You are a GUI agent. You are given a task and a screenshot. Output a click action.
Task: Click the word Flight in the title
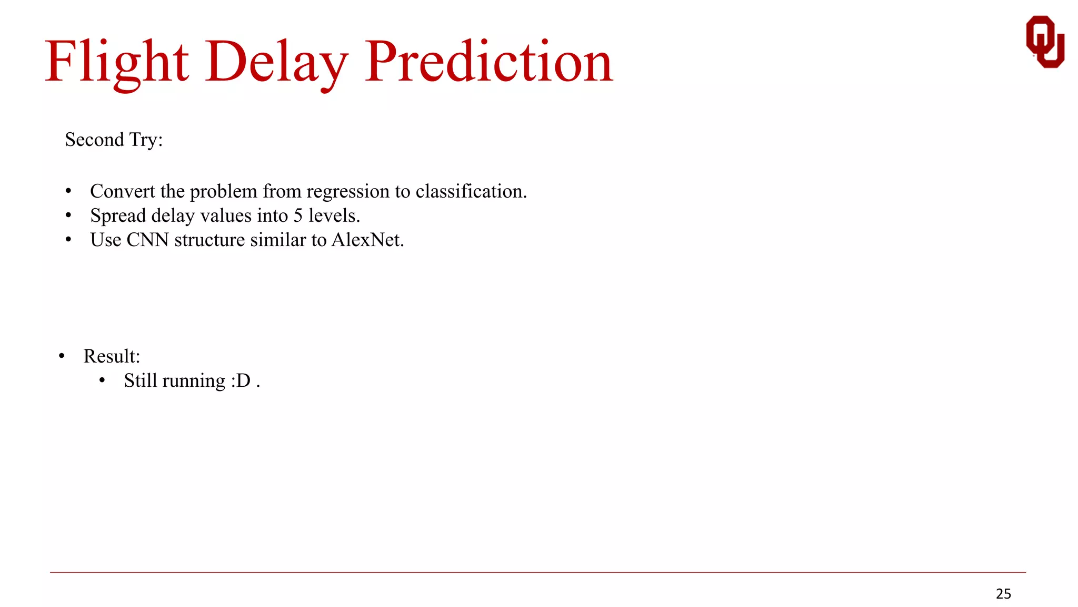pos(116,62)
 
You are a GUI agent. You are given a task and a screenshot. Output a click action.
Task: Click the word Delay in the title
pos(276,62)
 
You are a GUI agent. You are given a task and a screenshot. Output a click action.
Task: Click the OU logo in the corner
pos(1045,42)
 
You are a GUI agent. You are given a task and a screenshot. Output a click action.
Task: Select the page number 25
pos(1003,594)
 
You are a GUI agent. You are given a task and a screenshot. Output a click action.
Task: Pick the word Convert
pos(122,191)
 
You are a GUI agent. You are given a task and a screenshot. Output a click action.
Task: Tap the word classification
pos(471,191)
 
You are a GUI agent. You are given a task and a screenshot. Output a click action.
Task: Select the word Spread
pos(118,216)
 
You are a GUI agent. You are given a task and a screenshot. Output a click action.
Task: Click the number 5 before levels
pos(298,216)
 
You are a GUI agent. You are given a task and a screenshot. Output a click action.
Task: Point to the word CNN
pos(147,240)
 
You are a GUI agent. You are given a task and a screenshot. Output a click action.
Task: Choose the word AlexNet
pos(367,240)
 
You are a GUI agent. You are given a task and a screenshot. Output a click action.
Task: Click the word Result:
pos(112,356)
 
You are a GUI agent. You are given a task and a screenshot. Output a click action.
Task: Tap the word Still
pos(141,380)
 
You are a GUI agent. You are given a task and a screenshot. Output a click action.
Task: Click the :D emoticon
pos(241,380)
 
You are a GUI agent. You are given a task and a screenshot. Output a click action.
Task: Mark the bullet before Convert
pos(68,191)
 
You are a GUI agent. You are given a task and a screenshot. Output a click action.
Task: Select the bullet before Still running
pos(102,380)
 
